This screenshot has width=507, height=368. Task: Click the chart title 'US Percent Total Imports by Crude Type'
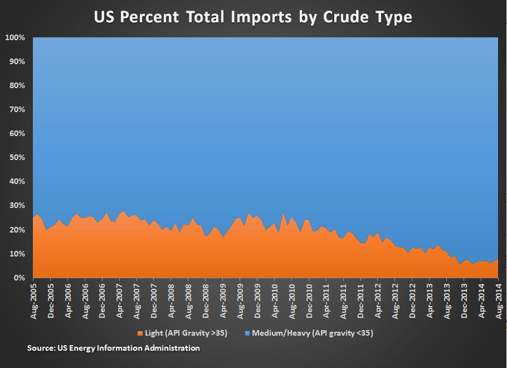coord(253,17)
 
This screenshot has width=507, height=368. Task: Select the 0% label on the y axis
coord(19,278)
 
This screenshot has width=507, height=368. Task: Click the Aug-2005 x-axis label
coord(33,300)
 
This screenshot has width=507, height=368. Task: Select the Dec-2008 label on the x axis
coord(205,300)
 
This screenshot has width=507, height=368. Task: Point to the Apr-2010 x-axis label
coord(274,300)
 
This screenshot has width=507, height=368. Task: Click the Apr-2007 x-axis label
coord(119,300)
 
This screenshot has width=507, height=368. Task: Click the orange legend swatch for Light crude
coord(139,333)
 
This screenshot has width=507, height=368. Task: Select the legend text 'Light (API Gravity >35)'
coord(185,333)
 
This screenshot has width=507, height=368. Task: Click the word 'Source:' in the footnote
coord(41,348)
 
